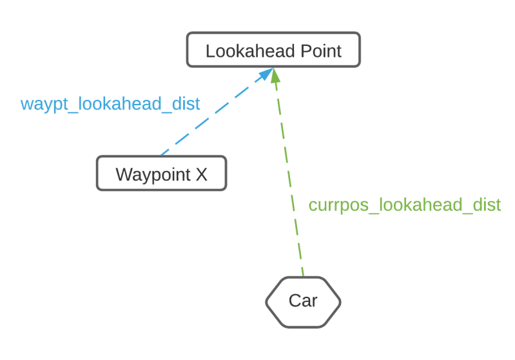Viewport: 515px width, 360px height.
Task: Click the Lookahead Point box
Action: click(x=273, y=50)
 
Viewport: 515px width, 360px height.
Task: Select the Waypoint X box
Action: click(x=161, y=174)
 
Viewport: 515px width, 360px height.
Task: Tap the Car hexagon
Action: click(x=303, y=301)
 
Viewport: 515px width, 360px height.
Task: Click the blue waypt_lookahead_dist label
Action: click(x=110, y=104)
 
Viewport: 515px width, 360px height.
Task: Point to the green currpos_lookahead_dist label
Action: click(x=404, y=205)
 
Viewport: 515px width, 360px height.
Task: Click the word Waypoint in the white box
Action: click(x=153, y=174)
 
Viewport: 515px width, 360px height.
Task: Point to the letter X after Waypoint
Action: click(x=201, y=174)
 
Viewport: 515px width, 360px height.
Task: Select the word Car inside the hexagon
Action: click(x=303, y=301)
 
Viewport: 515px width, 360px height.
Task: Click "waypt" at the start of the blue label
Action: click(x=41, y=105)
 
